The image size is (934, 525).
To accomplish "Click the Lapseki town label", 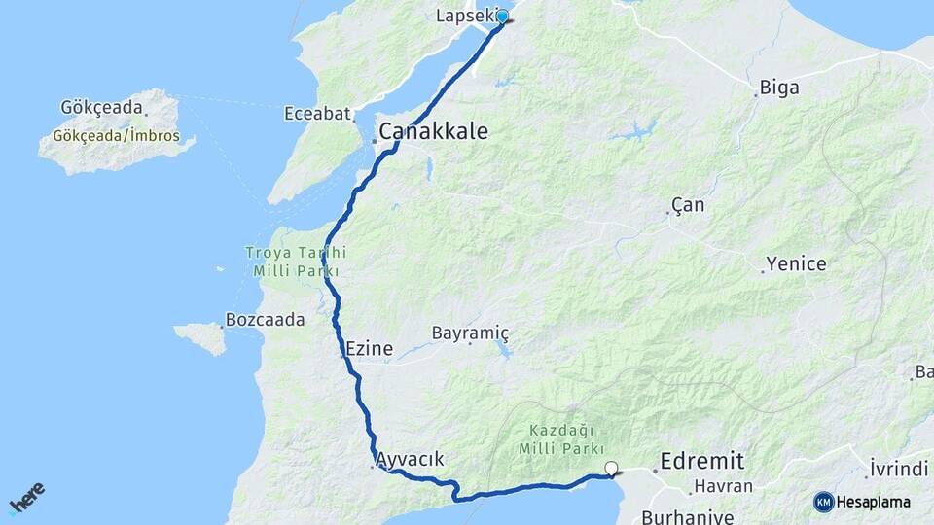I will [x=464, y=16].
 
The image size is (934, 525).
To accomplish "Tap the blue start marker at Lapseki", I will [x=502, y=17].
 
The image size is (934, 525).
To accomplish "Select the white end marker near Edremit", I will [x=611, y=469].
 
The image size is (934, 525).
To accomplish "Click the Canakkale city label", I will [x=433, y=131].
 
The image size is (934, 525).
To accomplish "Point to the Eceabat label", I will [x=317, y=114].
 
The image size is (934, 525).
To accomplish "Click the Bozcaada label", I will [x=265, y=319].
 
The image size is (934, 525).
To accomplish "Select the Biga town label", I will [x=779, y=88].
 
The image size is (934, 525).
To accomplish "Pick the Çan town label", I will [x=688, y=206].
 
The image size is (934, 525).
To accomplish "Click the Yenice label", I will [x=796, y=263].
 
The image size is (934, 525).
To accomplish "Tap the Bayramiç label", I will [x=470, y=333].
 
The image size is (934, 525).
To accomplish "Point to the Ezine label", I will [x=369, y=349].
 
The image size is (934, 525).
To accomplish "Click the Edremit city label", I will [x=701, y=461].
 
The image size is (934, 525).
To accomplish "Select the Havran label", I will [x=721, y=486].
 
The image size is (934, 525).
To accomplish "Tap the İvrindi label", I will [x=899, y=468].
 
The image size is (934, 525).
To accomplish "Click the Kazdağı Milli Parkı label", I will [x=557, y=438].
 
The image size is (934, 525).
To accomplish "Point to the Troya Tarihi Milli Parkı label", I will [x=295, y=262].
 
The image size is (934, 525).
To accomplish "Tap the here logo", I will [x=26, y=498].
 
